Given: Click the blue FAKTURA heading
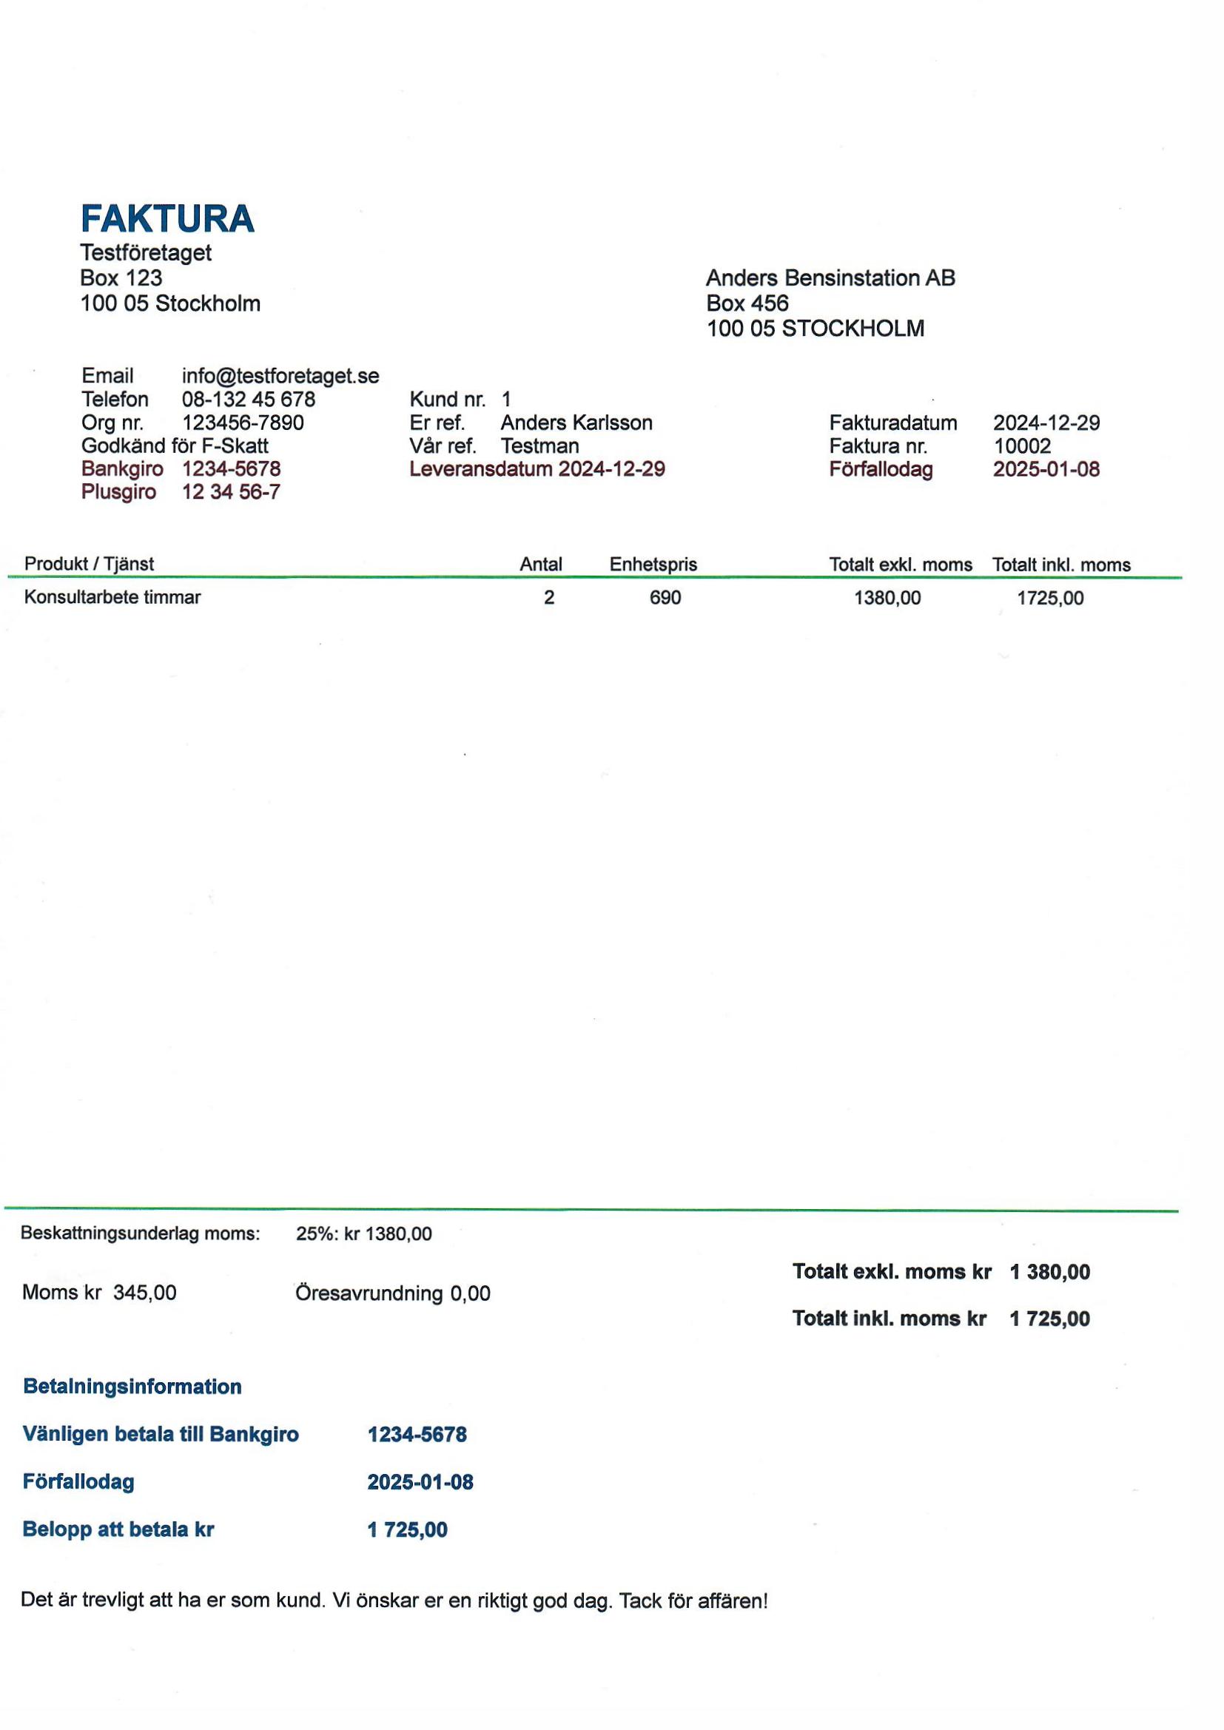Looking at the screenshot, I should click(167, 218).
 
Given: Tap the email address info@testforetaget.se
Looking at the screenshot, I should click(280, 376).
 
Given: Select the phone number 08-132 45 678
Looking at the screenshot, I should click(248, 400).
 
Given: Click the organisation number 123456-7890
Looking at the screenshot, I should click(243, 423).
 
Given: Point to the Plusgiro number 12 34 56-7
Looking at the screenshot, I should click(231, 492).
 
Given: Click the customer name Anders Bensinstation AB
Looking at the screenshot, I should click(830, 278).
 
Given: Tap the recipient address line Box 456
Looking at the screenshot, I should click(747, 303).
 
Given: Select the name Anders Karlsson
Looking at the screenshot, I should click(576, 423).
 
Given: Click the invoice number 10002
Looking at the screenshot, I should click(1021, 446).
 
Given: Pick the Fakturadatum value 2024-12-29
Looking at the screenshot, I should click(1046, 423).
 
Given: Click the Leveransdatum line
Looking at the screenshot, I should click(537, 468).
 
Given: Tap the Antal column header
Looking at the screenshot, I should click(540, 565).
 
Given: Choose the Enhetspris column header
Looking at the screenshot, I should click(653, 565).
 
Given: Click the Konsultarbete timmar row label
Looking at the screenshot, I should click(112, 598).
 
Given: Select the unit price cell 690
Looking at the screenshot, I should click(665, 598).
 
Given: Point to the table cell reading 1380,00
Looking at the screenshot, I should click(887, 599).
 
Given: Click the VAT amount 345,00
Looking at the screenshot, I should click(145, 1292).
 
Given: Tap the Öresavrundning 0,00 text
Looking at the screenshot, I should click(392, 1293).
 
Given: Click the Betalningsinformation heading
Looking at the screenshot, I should click(132, 1387).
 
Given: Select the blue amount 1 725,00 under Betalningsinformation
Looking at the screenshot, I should click(407, 1529).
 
